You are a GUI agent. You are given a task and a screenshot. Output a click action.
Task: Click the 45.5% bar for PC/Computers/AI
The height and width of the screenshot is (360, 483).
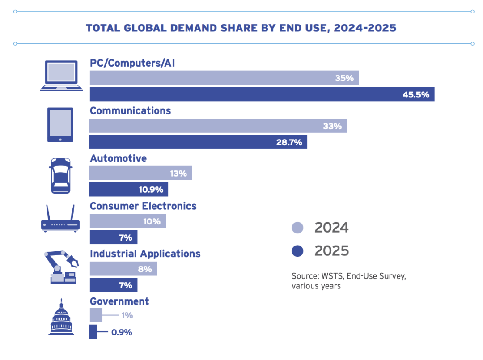[262, 94]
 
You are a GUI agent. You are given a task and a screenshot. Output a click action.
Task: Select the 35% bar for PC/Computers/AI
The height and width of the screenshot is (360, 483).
[224, 78]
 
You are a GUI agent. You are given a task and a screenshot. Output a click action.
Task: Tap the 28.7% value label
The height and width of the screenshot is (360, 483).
[289, 142]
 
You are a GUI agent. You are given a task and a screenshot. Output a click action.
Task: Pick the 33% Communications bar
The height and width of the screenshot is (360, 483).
[218, 126]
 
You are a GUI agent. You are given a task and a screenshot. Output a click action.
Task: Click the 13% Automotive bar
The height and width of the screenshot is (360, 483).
[141, 173]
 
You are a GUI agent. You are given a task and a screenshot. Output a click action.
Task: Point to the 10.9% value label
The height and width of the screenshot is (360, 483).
[151, 190]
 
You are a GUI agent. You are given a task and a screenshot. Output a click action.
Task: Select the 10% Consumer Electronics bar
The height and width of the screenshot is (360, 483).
[128, 221]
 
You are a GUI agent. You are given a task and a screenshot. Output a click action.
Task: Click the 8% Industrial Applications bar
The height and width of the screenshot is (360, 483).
[123, 269]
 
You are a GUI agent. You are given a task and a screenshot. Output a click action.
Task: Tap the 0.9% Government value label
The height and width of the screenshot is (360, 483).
[122, 332]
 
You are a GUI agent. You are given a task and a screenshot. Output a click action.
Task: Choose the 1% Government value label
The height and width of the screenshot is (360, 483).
[127, 315]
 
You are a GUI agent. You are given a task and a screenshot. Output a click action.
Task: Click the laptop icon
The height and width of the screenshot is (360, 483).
[61, 76]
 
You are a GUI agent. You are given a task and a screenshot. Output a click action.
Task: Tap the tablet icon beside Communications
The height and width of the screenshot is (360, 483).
[60, 125]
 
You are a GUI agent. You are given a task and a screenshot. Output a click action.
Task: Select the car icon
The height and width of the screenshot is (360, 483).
[61, 176]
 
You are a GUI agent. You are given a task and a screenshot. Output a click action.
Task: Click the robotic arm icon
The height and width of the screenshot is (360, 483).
[62, 267]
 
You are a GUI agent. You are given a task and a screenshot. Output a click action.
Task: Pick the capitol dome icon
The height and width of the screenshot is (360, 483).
[61, 317]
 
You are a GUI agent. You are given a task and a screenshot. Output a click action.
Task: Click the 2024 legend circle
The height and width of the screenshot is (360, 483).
[297, 228]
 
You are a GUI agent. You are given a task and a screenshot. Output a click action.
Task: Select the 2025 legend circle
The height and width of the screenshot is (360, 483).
[297, 251]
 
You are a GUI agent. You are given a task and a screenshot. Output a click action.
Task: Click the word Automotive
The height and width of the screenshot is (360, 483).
[118, 158]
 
